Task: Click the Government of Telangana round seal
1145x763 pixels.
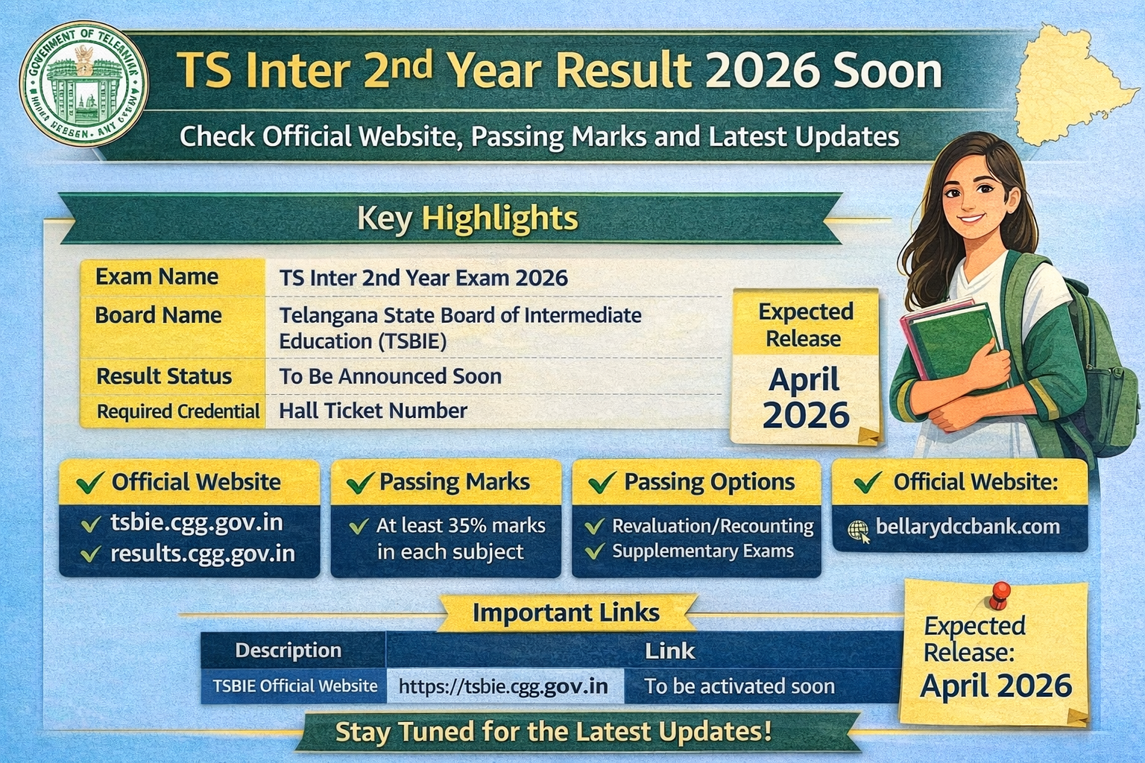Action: tap(84, 84)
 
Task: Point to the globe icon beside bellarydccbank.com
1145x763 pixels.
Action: tap(859, 530)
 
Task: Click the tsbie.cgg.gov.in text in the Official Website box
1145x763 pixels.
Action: tap(197, 522)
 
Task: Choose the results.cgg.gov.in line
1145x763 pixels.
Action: tap(203, 554)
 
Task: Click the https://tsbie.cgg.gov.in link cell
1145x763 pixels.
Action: tap(503, 686)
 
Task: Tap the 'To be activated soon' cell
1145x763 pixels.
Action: tap(739, 686)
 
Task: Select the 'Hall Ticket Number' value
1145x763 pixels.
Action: tap(373, 411)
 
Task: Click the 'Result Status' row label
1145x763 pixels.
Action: tap(164, 376)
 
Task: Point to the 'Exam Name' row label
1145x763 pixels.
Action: tap(157, 277)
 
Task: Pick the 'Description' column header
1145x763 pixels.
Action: tap(288, 650)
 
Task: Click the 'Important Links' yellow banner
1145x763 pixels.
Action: tap(566, 612)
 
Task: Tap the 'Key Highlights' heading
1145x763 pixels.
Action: tap(467, 218)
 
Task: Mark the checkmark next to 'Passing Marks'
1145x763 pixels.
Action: tap(360, 483)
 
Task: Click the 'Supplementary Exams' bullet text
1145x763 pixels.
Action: tap(703, 551)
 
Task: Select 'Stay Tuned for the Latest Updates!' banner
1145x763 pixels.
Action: tap(553, 732)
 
